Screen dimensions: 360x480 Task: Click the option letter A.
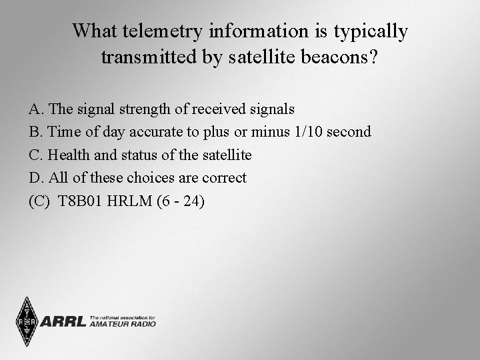[x=35, y=109]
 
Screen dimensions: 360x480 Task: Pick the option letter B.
[x=35, y=132]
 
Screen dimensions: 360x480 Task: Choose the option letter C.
[x=35, y=155]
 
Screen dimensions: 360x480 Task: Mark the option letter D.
[x=35, y=178]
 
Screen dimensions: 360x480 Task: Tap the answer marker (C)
[x=39, y=201]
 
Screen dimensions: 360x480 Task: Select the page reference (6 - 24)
[x=181, y=201]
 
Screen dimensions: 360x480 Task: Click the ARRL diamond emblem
[x=27, y=322]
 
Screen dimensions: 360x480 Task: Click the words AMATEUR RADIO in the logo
[x=123, y=324]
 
